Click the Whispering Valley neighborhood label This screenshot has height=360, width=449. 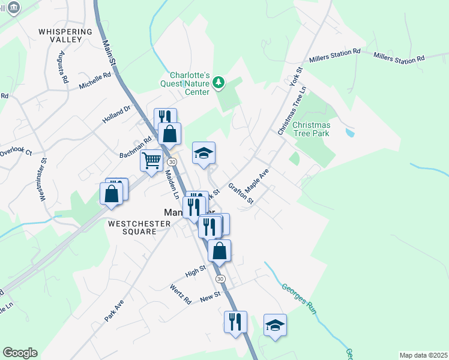(65, 35)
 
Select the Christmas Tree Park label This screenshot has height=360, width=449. (312, 130)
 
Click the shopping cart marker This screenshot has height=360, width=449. (151, 160)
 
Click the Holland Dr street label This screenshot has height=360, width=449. (116, 114)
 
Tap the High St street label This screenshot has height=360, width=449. (195, 272)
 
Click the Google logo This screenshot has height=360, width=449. (20, 353)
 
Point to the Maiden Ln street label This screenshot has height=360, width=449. (172, 184)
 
